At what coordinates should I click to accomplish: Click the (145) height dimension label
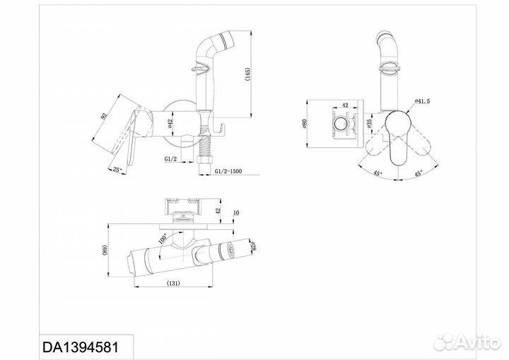pyautogui.click(x=247, y=74)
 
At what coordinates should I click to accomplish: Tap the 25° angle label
pyautogui.click(x=117, y=169)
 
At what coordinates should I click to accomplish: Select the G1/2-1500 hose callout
pyautogui.click(x=228, y=171)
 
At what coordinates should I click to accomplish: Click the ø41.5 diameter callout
pyautogui.click(x=422, y=101)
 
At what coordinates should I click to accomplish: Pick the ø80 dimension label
pyautogui.click(x=305, y=124)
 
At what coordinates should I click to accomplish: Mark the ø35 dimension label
pyautogui.click(x=368, y=124)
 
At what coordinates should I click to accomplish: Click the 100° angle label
pyautogui.click(x=163, y=239)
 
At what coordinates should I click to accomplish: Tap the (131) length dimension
pyautogui.click(x=173, y=283)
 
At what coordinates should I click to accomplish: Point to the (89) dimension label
pyautogui.click(x=105, y=250)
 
